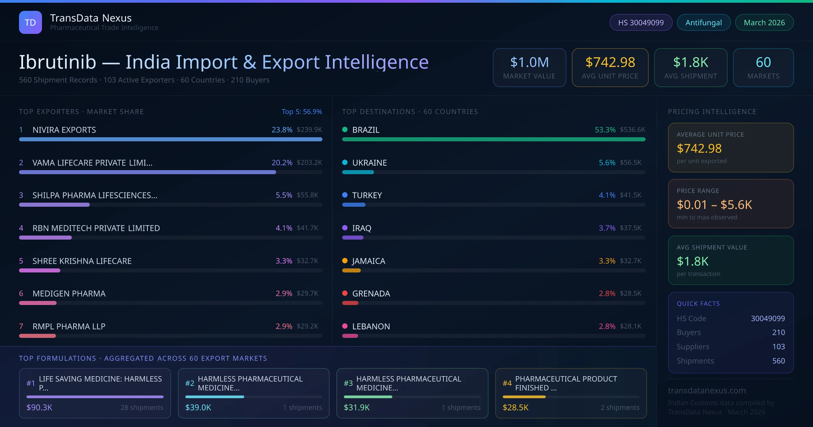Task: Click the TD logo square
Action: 30,22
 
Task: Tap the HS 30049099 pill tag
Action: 641,22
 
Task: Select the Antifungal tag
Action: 703,22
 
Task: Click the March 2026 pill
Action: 764,22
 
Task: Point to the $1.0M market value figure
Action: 529,62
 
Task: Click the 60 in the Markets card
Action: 763,62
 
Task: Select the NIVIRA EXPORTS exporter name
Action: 64,130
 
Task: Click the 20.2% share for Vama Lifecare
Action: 282,163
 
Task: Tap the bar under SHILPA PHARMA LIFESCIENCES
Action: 54,205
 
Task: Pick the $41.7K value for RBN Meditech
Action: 307,228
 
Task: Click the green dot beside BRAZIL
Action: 345,129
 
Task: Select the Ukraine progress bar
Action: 358,172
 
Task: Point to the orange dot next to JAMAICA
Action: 345,261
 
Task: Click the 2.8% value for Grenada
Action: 607,293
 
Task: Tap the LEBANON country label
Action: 371,326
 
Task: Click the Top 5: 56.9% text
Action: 301,111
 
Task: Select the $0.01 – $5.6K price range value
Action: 714,205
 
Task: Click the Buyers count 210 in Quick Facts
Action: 778,332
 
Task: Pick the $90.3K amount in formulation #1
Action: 39,407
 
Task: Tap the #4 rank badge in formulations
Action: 507,383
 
